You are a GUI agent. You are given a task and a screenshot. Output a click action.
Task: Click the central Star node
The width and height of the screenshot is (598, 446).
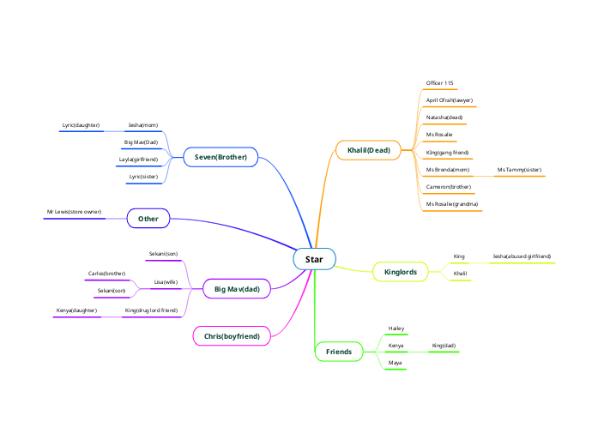(x=314, y=258)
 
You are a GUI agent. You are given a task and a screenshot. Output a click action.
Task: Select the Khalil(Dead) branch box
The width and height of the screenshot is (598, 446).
(x=368, y=151)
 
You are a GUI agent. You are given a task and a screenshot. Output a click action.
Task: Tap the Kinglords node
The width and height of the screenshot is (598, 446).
(x=400, y=273)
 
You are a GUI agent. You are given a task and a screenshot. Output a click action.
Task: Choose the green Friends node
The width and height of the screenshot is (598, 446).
(x=339, y=352)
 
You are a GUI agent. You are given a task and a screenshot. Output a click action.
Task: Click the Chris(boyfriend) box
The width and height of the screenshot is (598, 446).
(x=232, y=336)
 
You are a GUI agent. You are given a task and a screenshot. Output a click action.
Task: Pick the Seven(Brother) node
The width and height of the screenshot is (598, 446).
(x=220, y=157)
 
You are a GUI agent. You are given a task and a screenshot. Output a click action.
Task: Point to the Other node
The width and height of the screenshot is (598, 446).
(x=148, y=219)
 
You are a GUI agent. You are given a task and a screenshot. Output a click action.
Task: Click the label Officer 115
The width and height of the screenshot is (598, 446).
(x=440, y=83)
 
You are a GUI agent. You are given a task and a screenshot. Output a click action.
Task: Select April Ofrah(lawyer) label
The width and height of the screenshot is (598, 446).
(x=450, y=100)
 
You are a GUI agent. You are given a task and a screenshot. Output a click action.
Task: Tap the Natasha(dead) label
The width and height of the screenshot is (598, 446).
(x=444, y=118)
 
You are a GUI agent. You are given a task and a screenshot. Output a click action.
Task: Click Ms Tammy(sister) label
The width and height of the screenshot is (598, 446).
(x=519, y=170)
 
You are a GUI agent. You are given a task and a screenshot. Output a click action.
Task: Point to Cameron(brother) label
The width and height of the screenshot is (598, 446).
(x=448, y=186)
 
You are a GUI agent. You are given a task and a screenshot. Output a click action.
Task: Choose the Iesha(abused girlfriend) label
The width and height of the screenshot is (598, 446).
(x=522, y=256)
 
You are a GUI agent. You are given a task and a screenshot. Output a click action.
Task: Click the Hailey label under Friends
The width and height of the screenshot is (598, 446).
(x=396, y=328)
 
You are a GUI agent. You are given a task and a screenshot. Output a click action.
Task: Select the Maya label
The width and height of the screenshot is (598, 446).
(x=395, y=363)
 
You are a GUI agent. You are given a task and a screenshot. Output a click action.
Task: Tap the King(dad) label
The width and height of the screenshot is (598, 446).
(x=444, y=346)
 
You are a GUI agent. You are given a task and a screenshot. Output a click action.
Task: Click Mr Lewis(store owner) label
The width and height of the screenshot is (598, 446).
(x=74, y=211)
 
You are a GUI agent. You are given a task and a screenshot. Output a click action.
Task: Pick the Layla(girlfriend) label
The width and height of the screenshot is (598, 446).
(x=138, y=160)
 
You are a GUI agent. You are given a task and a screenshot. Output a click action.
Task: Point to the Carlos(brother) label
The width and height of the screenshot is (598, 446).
(x=106, y=274)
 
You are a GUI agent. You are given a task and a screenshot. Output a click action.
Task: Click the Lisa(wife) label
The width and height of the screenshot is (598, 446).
(x=166, y=281)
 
